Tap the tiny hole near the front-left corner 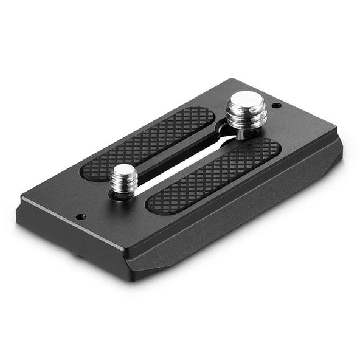[80, 216]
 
